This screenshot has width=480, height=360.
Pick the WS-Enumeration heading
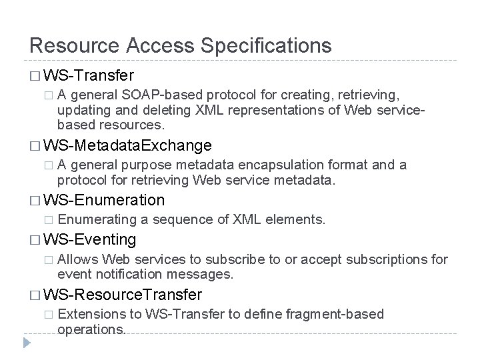tap(104, 199)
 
